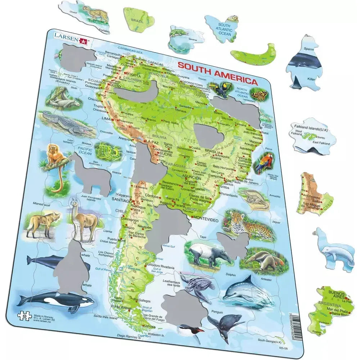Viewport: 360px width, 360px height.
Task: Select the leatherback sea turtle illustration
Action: (x=197, y=286)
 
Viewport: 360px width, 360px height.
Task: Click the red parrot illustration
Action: (x=264, y=163)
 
